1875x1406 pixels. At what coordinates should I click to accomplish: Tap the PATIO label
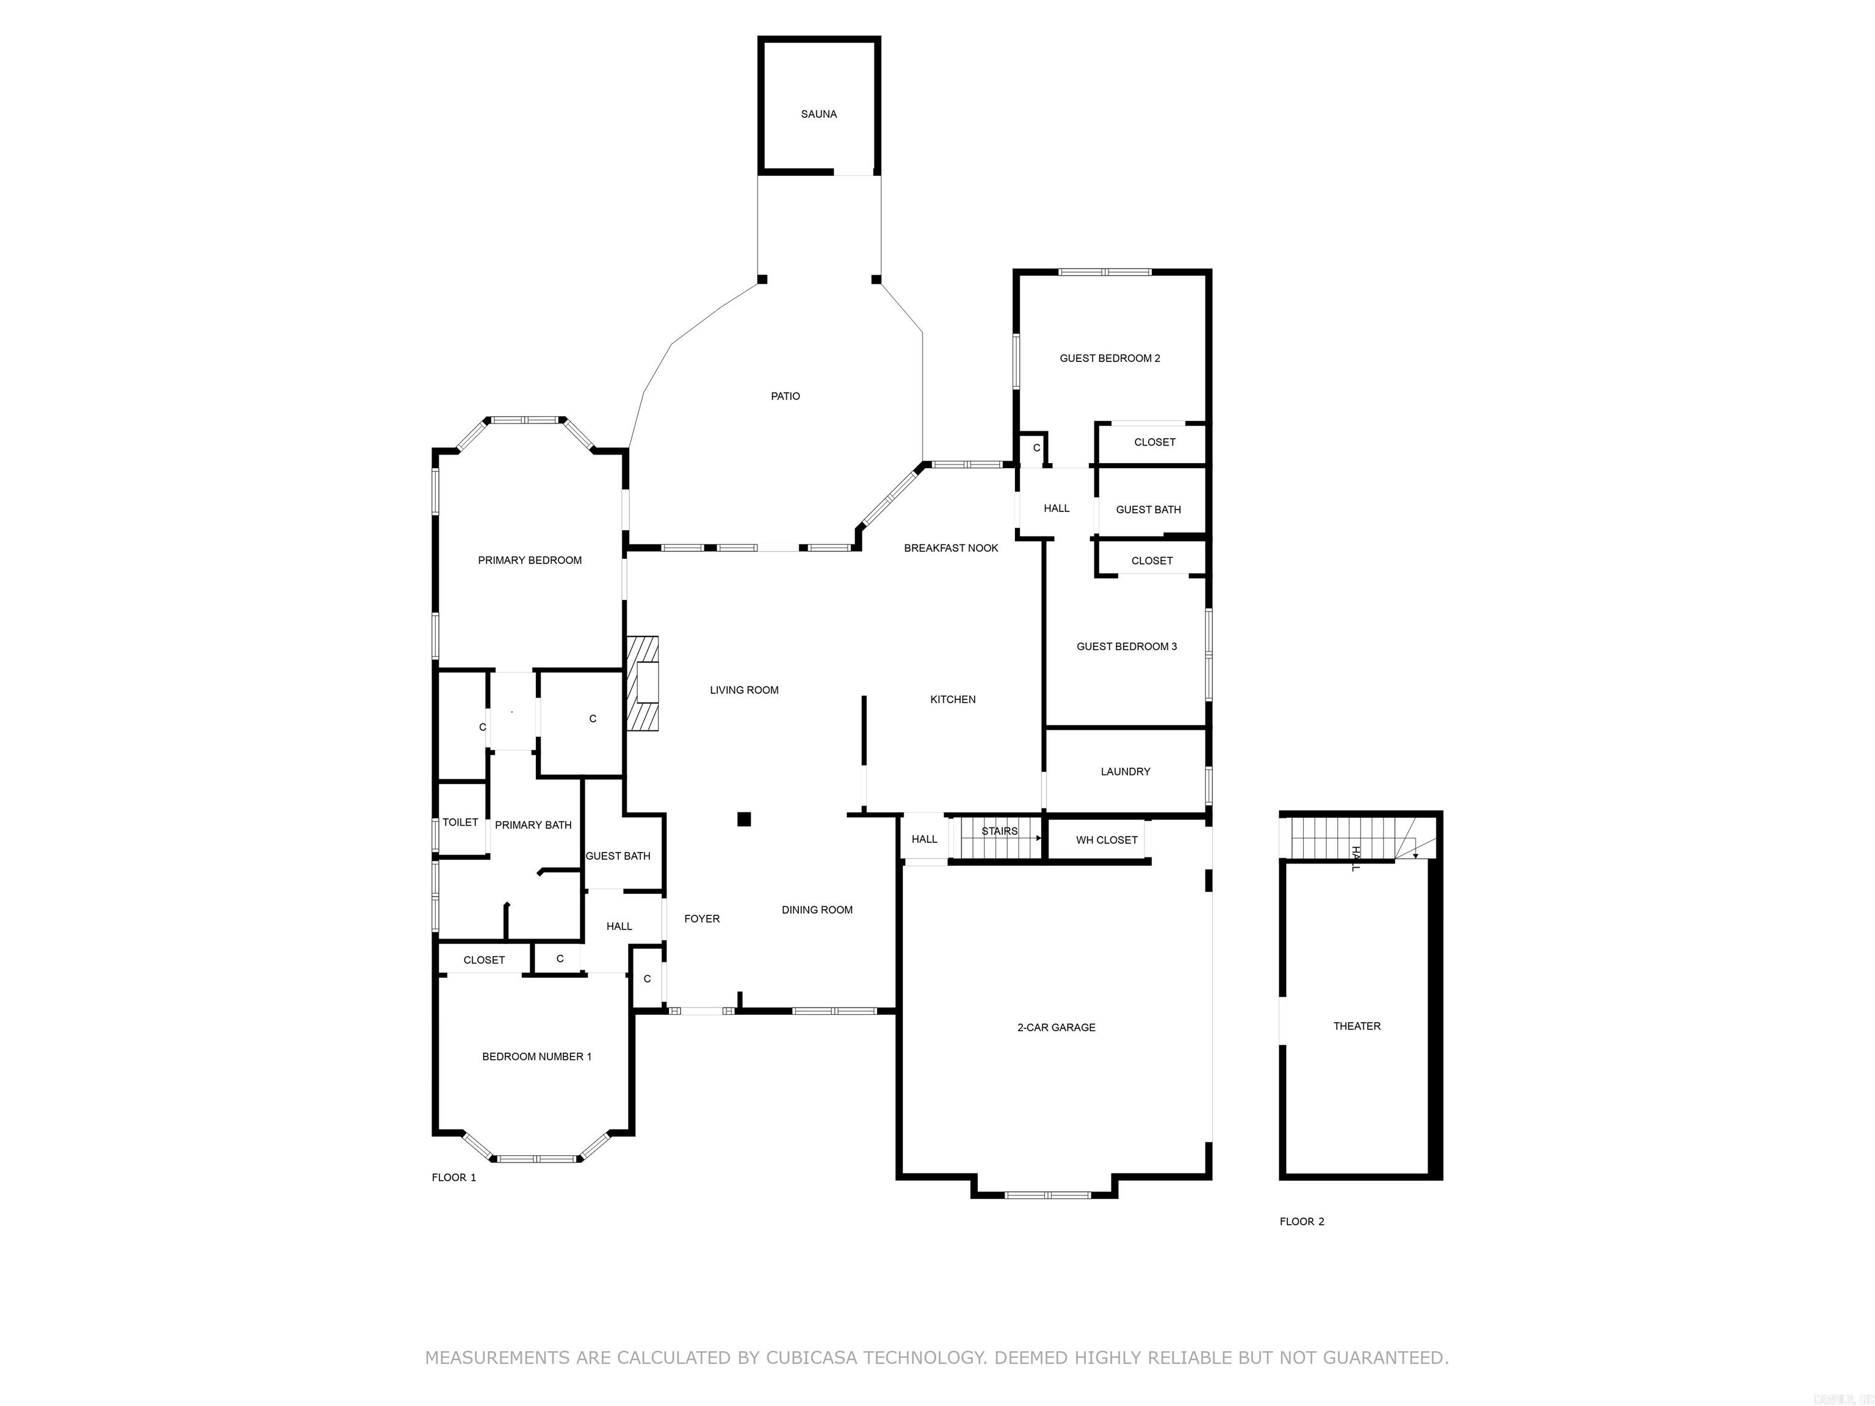click(x=785, y=396)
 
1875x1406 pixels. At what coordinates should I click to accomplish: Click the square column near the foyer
click(x=743, y=819)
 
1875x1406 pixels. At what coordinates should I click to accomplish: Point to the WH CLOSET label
click(x=1106, y=840)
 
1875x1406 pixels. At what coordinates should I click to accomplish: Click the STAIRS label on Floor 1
click(x=999, y=831)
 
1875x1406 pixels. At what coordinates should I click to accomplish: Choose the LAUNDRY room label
click(x=1125, y=771)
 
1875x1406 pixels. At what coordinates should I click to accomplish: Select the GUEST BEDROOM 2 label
click(x=1109, y=358)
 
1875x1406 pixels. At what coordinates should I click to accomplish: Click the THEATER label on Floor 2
click(x=1356, y=1025)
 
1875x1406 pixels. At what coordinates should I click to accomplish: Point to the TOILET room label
click(x=460, y=822)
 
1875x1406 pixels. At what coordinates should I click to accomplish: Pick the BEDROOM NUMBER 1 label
click(x=536, y=1056)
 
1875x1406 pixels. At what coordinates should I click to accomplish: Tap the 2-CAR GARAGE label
click(x=1055, y=1027)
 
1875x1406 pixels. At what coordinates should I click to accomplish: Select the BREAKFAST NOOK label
click(x=950, y=547)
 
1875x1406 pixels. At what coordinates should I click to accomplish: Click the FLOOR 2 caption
click(x=1301, y=1221)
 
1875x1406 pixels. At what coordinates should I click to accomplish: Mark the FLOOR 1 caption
click(x=453, y=1177)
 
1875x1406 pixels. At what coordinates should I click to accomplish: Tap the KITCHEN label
click(x=952, y=699)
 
